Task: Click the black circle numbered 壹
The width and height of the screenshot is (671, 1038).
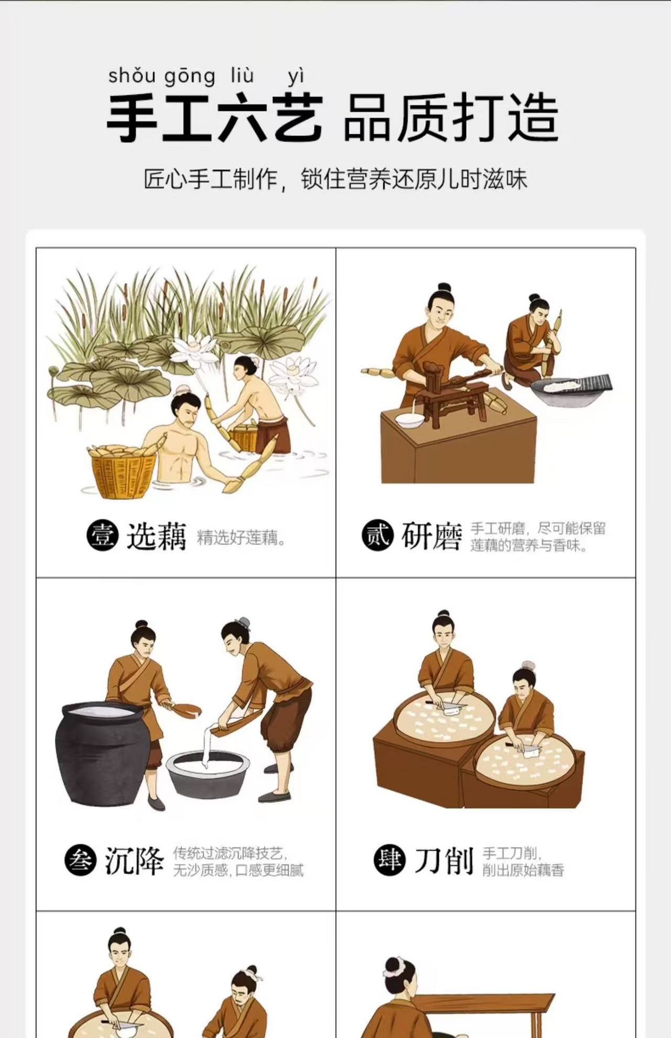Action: click(102, 535)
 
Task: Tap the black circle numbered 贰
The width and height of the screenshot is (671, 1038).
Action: click(377, 535)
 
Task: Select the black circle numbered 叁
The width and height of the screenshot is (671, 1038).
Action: click(80, 861)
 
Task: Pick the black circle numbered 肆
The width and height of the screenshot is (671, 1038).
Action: click(390, 860)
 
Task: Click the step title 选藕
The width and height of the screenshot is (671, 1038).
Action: click(156, 537)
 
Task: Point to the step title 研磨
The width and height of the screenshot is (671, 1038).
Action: click(431, 537)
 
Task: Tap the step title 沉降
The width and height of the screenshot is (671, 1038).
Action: click(134, 861)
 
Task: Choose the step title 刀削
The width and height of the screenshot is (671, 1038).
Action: click(444, 861)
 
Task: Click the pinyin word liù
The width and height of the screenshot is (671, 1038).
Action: click(242, 75)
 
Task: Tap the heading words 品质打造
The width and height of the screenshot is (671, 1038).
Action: click(451, 118)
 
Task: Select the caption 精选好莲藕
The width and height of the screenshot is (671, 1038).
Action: click(241, 538)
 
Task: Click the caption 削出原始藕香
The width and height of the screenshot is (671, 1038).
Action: click(523, 870)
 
